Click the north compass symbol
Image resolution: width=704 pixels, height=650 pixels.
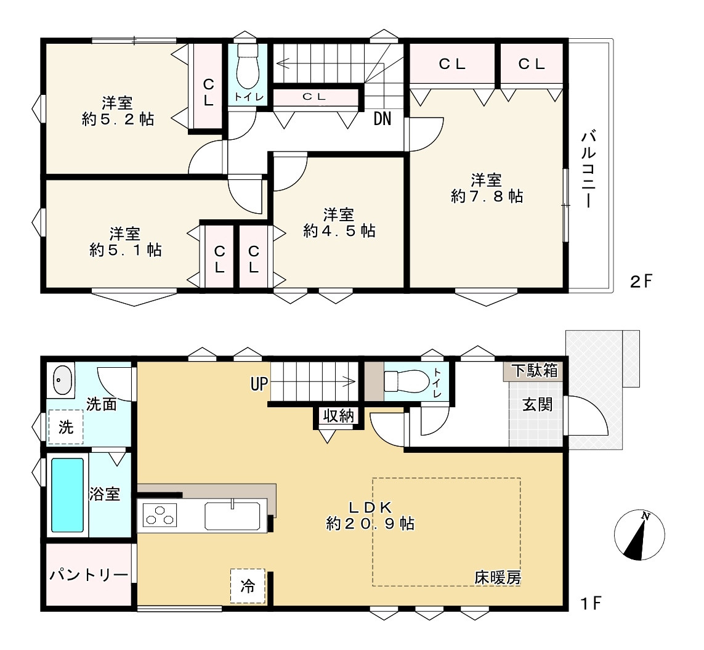click(639, 535)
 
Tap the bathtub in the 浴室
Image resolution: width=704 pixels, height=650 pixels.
click(67, 495)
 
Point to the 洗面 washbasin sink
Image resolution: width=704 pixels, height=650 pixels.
click(62, 380)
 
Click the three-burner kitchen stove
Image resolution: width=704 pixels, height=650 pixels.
click(160, 515)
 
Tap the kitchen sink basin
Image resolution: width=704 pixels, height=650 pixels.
click(232, 516)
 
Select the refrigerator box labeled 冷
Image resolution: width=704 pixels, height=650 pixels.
click(248, 586)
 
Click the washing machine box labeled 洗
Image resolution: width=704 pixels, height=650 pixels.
click(66, 427)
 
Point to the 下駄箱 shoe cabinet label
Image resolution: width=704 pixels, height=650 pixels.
click(535, 371)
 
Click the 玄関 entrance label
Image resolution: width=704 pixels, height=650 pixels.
click(538, 405)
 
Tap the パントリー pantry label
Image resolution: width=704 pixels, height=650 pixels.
click(89, 575)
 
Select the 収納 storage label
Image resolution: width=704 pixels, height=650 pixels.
click(339, 416)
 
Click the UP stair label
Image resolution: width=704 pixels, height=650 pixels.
click(259, 384)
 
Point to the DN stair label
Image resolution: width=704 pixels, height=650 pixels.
click(382, 118)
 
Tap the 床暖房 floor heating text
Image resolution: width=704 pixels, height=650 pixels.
click(498, 578)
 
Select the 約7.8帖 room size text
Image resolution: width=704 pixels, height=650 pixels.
click(487, 197)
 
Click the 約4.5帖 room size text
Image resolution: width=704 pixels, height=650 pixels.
click(339, 231)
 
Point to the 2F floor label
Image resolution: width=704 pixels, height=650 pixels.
click(641, 282)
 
